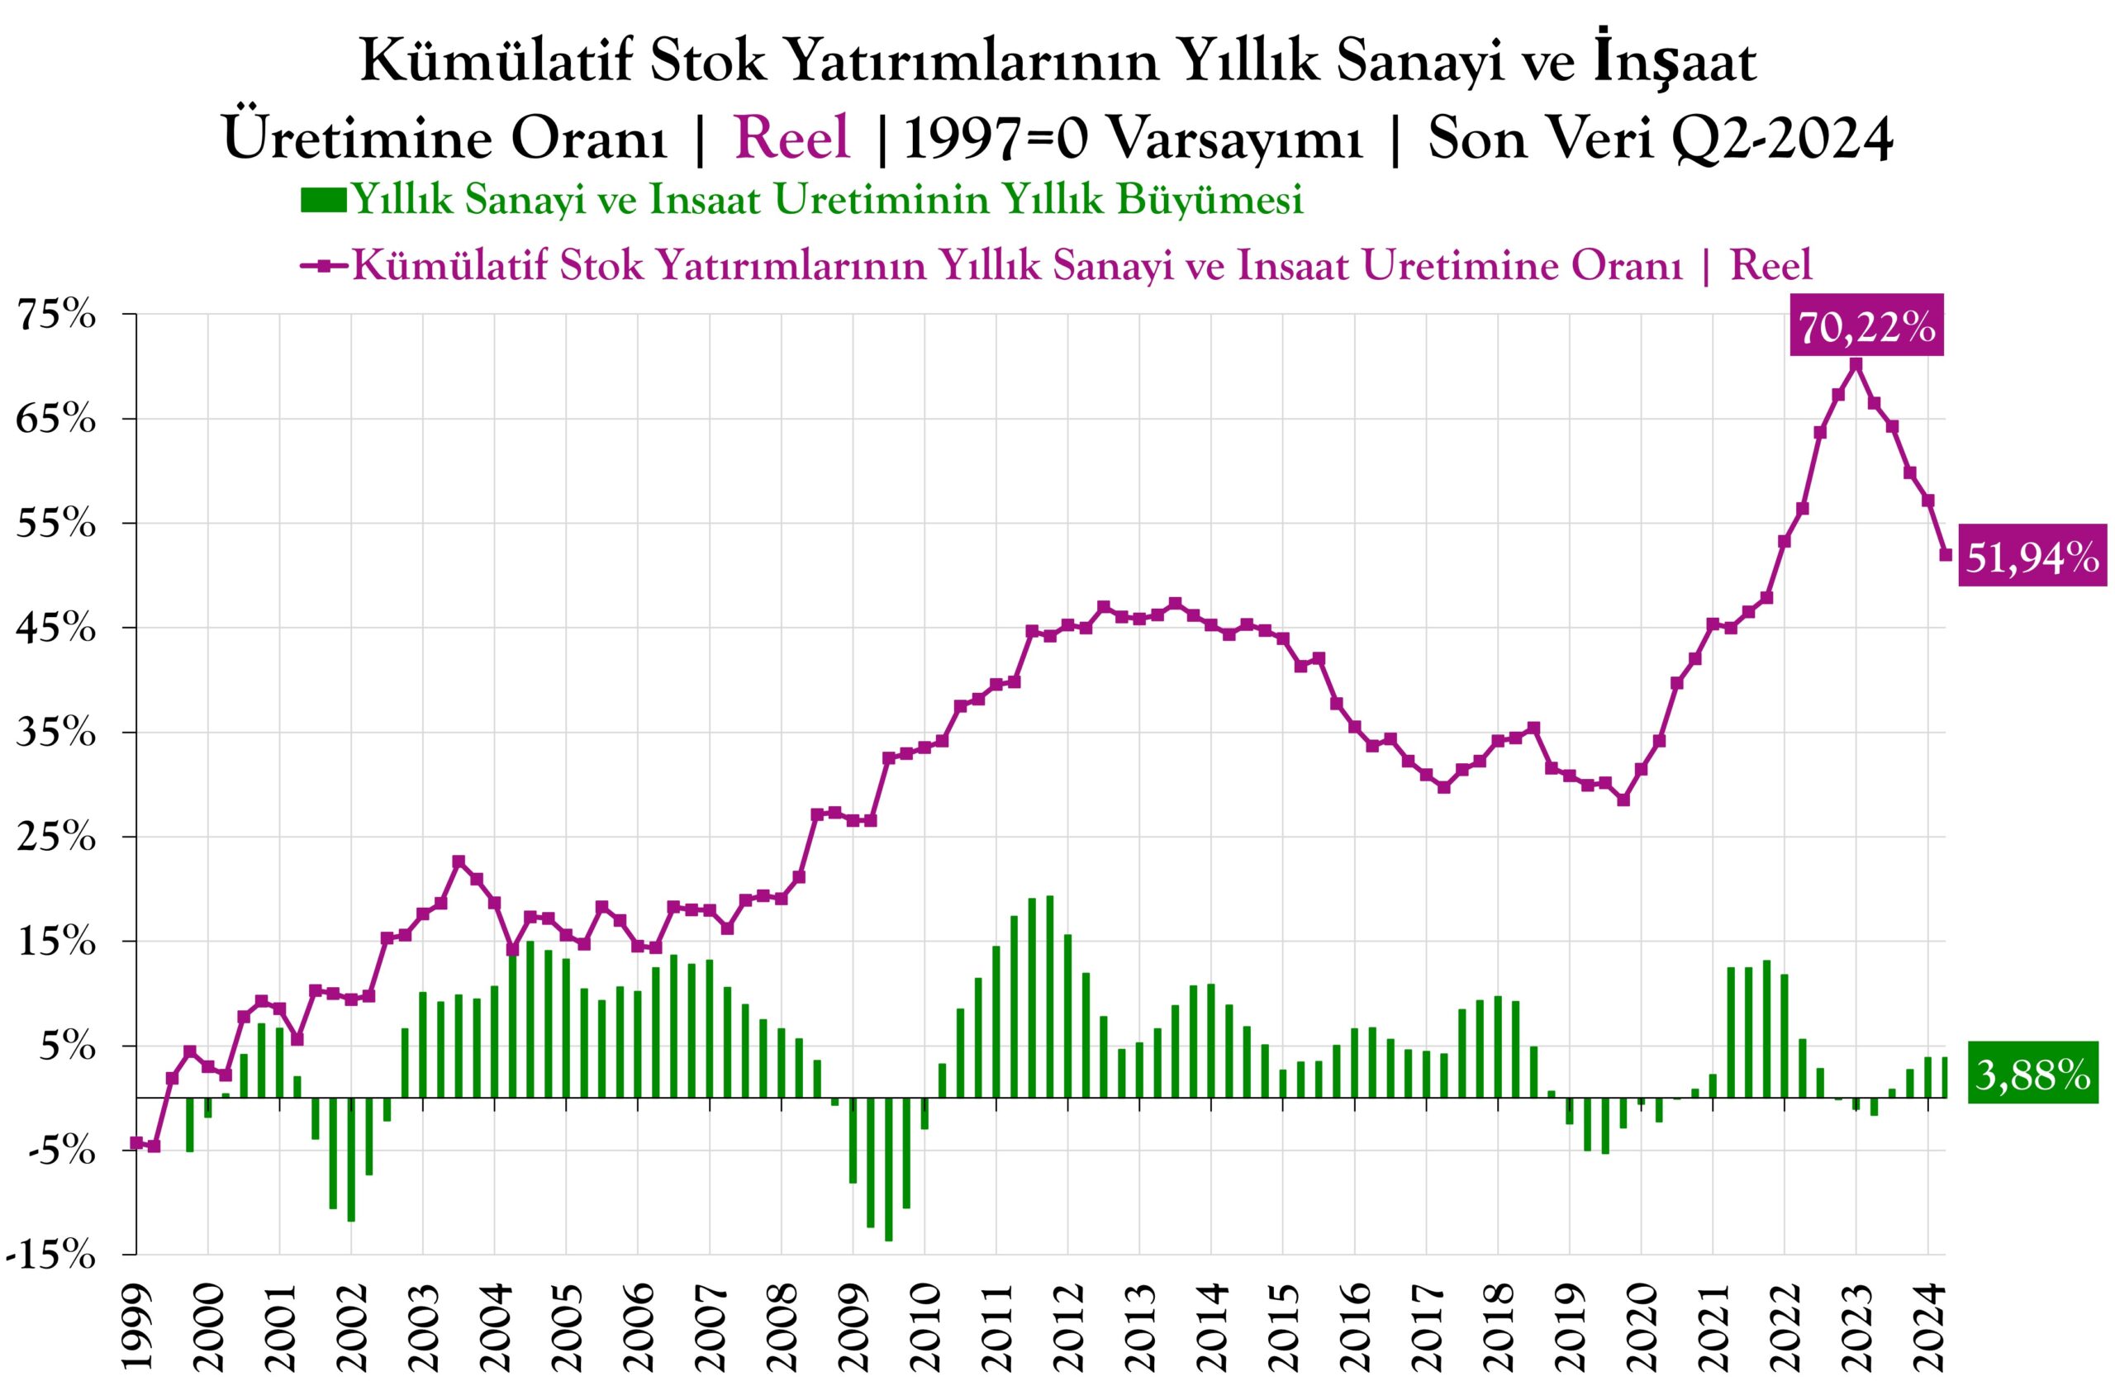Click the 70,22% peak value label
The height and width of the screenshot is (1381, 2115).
tap(1867, 328)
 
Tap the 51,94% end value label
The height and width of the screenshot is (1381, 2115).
tap(2032, 558)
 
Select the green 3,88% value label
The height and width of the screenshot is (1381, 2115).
tap(2032, 1076)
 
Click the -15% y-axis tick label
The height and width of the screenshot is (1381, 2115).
tap(50, 1255)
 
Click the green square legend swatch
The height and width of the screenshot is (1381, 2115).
tap(324, 200)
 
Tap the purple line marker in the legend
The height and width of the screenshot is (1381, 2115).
tap(324, 266)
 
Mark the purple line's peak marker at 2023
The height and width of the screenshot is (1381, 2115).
tap(1856, 364)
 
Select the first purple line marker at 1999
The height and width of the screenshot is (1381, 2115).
tap(137, 1143)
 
